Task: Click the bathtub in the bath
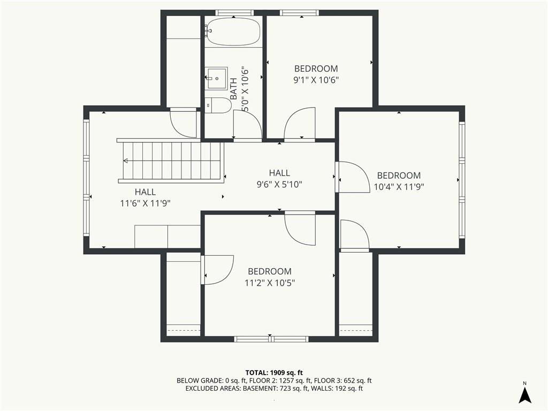(233, 32)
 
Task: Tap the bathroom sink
(217, 78)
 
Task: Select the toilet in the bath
(218, 105)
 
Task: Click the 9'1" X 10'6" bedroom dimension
(316, 80)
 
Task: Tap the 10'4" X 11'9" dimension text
(399, 187)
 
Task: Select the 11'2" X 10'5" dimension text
(270, 283)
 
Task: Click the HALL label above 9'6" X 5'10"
(279, 173)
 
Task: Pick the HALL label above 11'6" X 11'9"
(146, 192)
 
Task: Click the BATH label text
(233, 88)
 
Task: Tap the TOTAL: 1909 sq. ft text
(273, 372)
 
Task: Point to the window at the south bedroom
(271, 339)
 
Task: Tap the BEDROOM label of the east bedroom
(399, 176)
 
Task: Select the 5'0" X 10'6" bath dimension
(245, 89)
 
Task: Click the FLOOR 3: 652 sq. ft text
(342, 380)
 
